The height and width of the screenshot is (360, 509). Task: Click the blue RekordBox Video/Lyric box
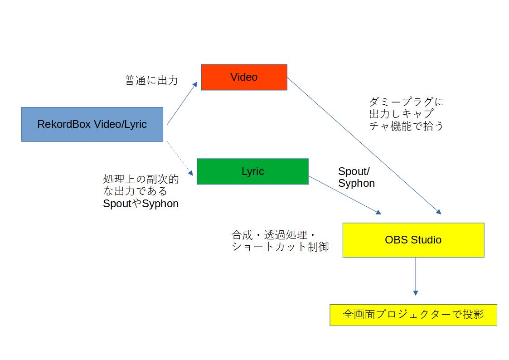(92, 124)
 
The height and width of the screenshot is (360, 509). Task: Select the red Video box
(244, 77)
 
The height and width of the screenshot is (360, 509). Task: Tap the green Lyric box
(252, 171)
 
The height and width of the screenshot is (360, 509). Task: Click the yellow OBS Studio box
(413, 240)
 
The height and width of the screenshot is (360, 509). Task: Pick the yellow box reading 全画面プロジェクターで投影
(413, 315)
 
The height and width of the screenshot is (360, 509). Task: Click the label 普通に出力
(151, 81)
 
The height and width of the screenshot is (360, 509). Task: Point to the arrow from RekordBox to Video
(182, 103)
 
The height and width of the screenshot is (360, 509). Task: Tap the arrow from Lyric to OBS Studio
(345, 195)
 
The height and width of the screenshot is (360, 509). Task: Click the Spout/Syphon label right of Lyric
(356, 177)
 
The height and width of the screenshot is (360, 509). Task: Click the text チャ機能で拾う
(406, 126)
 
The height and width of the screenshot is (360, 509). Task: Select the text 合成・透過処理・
(273, 235)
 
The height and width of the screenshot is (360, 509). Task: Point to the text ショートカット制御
(280, 247)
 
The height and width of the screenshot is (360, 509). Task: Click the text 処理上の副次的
(141, 180)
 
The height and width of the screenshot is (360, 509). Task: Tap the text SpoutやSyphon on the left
(141, 204)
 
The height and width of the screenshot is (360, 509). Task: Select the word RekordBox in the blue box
(64, 124)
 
